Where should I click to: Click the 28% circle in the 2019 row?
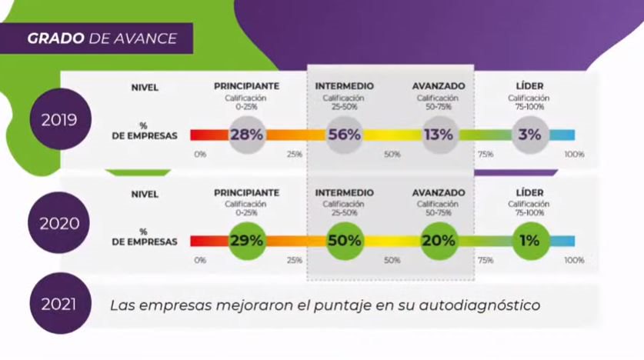[246, 135]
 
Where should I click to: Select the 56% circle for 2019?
[344, 135]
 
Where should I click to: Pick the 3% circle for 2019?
[529, 135]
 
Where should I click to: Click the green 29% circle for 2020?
[246, 240]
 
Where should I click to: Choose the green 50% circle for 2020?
[344, 240]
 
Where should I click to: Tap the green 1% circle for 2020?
[529, 240]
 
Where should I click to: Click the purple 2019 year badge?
[58, 121]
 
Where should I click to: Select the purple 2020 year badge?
[58, 223]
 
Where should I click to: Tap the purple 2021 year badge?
[58, 305]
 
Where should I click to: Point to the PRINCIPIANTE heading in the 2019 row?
[246, 86]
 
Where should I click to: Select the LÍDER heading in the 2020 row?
[529, 192]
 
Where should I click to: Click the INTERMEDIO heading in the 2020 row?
[344, 192]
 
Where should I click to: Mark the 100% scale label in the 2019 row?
[574, 155]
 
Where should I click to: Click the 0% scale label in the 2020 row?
[200, 260]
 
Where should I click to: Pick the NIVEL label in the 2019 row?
[145, 87]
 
